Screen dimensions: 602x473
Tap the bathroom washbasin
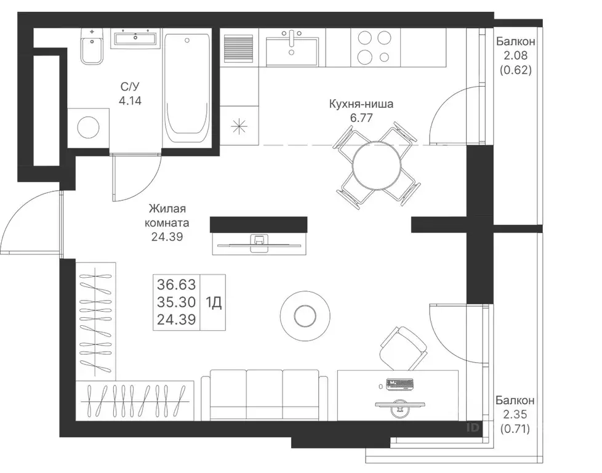point(135,38)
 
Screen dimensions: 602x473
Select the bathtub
point(187,87)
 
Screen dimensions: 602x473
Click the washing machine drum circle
point(88,127)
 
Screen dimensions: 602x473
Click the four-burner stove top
point(375,47)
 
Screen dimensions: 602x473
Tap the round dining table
point(377,166)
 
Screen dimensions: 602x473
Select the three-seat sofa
point(265,395)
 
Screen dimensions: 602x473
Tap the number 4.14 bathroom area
point(130,100)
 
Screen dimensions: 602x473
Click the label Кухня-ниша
point(361,103)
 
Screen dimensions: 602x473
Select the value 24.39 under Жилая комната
point(167,236)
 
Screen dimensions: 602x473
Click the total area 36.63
point(176,285)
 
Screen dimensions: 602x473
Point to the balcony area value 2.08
point(516,55)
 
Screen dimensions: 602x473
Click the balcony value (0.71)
point(515,429)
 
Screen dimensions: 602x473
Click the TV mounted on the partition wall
point(260,244)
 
